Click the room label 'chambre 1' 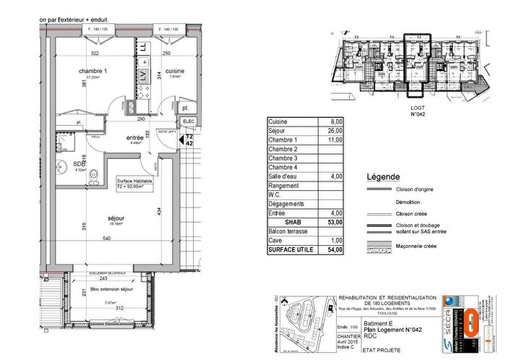coord(93,71)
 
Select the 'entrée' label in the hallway coord(136,137)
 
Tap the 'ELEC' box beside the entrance coord(189,121)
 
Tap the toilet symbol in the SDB coord(95,173)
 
